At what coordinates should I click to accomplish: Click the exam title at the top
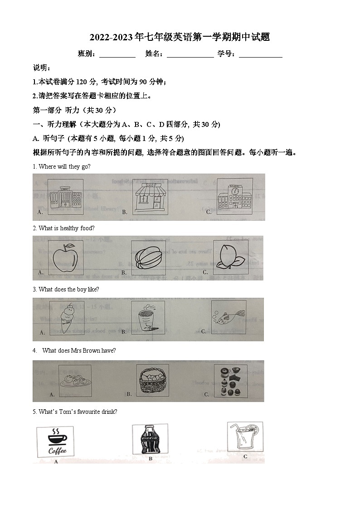(x=180, y=37)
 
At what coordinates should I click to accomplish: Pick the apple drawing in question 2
(x=66, y=257)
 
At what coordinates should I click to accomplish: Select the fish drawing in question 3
(x=229, y=317)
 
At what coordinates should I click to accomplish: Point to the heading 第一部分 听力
(x=75, y=110)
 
